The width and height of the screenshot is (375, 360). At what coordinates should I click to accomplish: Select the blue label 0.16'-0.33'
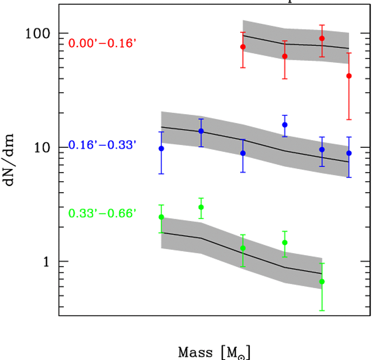click(102, 145)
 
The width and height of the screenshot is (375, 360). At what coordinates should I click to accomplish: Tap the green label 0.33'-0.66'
click(102, 213)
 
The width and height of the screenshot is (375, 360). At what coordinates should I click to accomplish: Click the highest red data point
click(322, 38)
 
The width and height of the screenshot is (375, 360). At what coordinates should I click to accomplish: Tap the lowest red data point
click(349, 76)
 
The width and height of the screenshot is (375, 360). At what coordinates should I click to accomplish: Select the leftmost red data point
click(243, 47)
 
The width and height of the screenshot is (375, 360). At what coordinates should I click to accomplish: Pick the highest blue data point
click(285, 125)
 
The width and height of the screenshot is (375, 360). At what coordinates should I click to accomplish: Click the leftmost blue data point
click(161, 149)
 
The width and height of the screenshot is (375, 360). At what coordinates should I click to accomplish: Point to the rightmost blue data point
click(349, 153)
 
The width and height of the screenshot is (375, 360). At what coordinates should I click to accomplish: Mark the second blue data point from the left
click(201, 131)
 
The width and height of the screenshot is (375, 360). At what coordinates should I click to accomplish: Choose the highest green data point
click(201, 207)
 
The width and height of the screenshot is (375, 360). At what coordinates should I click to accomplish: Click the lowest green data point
click(322, 281)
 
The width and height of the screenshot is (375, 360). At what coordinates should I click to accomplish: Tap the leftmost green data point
click(161, 217)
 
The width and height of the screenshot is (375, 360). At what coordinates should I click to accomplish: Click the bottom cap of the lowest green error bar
click(322, 310)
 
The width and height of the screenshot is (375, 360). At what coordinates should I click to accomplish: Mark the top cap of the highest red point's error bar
click(322, 25)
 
